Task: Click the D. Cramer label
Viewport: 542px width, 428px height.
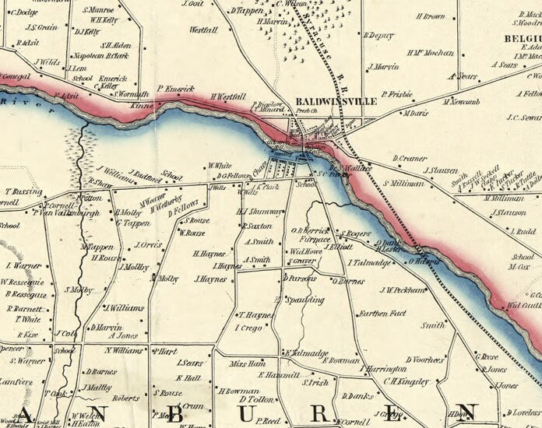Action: pos(410,158)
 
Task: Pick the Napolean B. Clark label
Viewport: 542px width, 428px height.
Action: pos(100,56)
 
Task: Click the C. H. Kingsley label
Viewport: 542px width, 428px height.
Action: pos(406,381)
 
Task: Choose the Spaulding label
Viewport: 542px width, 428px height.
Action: pos(304,299)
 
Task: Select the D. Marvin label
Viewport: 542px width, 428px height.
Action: pos(104,327)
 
